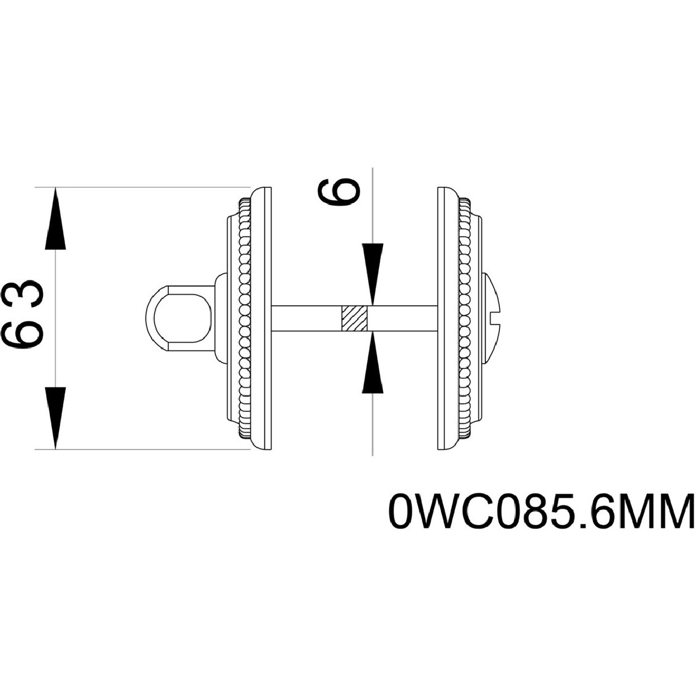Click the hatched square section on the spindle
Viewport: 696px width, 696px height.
coord(354,318)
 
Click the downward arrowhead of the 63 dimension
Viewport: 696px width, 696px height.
coord(55,416)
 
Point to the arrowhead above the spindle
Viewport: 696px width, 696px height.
coord(372,273)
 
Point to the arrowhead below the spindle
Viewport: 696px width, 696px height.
coord(372,365)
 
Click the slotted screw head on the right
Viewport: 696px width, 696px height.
coord(493,318)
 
